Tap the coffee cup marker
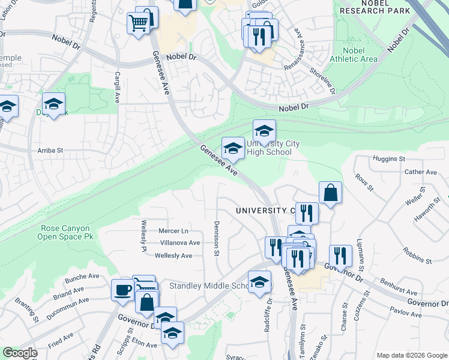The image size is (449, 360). pyautogui.click(x=123, y=290)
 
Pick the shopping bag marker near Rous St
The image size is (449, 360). pyautogui.click(x=330, y=193)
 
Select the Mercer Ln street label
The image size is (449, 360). pyautogui.click(x=173, y=231)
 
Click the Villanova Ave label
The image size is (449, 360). pyautogui.click(x=180, y=243)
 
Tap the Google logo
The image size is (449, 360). pyautogui.click(x=20, y=353)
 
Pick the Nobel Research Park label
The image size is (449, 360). pyautogui.click(x=375, y=7)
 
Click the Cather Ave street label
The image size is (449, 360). pyautogui.click(x=420, y=172)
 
